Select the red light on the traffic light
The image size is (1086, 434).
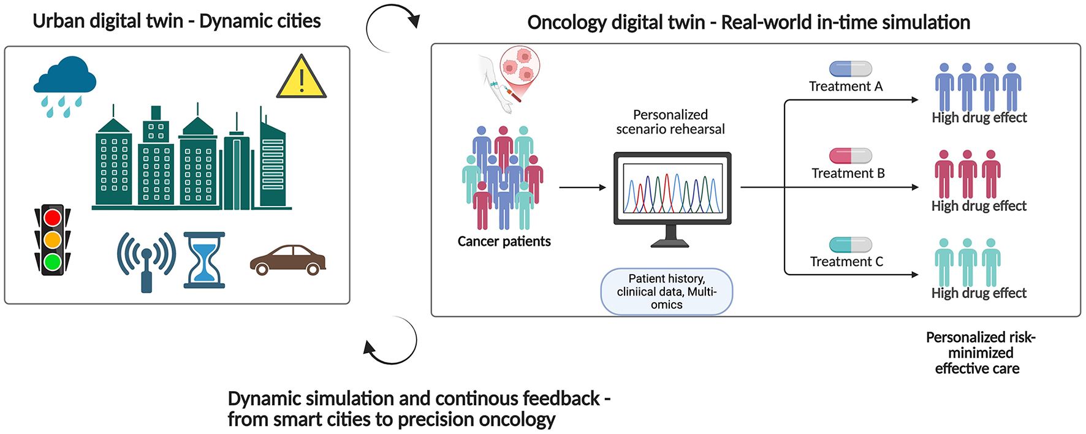[x=53, y=218]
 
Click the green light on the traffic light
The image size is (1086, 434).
[x=53, y=262]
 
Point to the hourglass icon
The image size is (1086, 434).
[x=204, y=260]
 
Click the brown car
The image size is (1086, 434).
[x=287, y=260]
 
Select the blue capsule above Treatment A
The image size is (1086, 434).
[x=850, y=69]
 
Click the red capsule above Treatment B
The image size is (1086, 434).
[x=850, y=156]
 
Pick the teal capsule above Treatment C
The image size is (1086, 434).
[x=850, y=245]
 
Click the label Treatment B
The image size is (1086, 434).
[x=848, y=173]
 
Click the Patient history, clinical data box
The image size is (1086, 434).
[x=666, y=292]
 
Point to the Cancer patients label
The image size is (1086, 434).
[x=504, y=242]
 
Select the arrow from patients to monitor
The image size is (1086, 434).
[x=582, y=188]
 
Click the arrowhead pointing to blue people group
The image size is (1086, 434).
[x=915, y=100]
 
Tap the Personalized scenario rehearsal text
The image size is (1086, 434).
[x=670, y=122]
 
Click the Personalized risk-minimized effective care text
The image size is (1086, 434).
[x=979, y=353]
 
